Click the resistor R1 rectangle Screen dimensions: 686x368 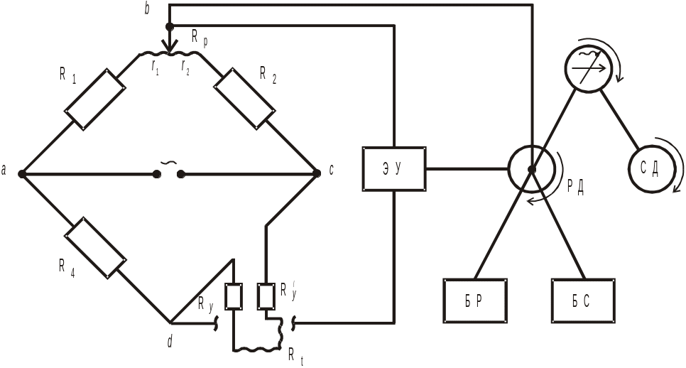click(x=95, y=99)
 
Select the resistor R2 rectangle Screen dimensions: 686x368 click(x=244, y=99)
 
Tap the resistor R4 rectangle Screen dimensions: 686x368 click(x=95, y=248)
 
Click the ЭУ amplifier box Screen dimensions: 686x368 click(x=394, y=169)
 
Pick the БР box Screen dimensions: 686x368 click(x=475, y=301)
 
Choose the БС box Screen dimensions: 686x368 click(x=583, y=301)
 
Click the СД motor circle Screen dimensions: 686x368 click(x=650, y=169)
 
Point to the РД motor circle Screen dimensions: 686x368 click(x=531, y=169)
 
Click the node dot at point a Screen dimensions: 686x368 click(x=22, y=174)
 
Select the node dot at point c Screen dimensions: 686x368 click(x=317, y=173)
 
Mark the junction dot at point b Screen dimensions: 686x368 click(x=170, y=26)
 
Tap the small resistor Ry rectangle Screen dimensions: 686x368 click(x=234, y=297)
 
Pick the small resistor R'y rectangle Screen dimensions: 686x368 click(x=266, y=297)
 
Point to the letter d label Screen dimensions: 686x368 click(x=170, y=342)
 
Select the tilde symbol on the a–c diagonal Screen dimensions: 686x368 click(x=169, y=163)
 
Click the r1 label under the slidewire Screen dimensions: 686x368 click(x=155, y=67)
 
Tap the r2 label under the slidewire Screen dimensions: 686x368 click(x=185, y=67)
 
